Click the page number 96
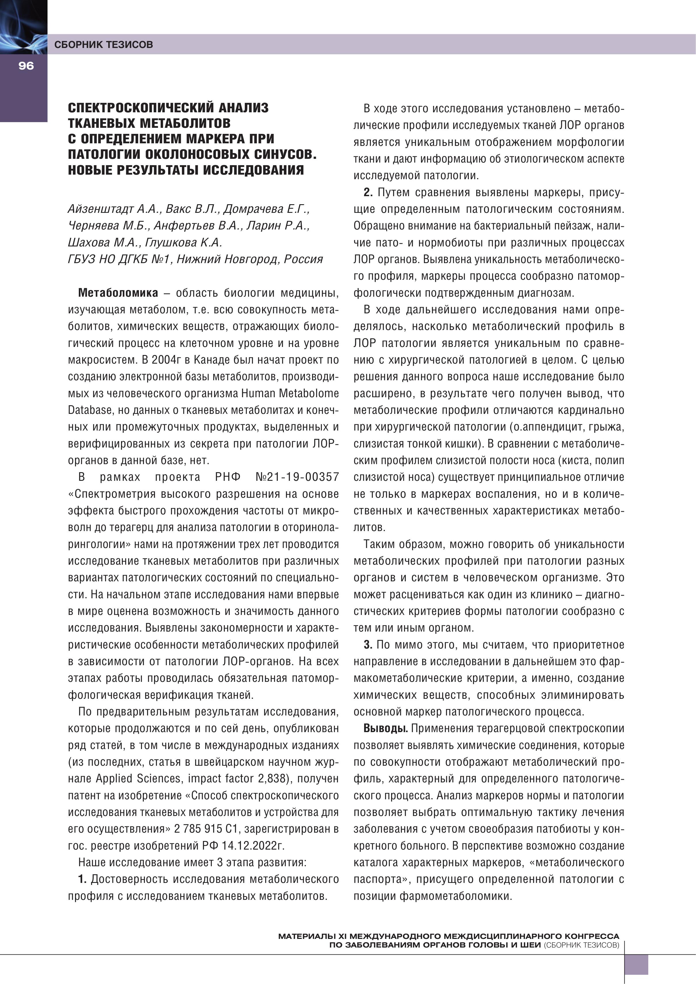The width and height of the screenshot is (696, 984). (x=26, y=65)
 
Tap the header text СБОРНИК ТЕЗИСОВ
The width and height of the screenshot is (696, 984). (x=103, y=45)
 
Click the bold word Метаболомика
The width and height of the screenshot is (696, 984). (x=118, y=293)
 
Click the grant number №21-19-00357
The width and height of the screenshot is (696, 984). (x=297, y=477)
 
